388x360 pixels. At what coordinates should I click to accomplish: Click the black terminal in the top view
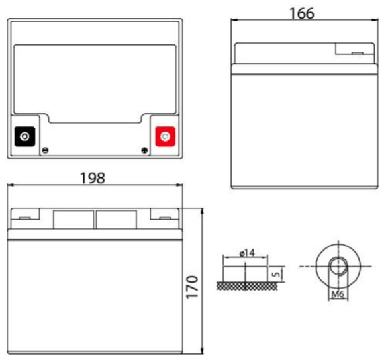click(x=26, y=137)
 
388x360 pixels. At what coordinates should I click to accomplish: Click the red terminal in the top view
click(x=164, y=137)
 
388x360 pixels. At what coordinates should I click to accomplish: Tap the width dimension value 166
click(x=301, y=12)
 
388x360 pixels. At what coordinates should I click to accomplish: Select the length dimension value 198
click(x=93, y=178)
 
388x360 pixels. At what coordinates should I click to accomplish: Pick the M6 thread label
click(x=337, y=294)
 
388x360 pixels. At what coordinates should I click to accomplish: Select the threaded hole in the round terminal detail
click(x=337, y=267)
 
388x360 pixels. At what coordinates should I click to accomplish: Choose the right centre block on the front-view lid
click(x=117, y=219)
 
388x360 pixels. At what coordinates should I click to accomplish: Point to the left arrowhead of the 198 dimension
click(x=10, y=187)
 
